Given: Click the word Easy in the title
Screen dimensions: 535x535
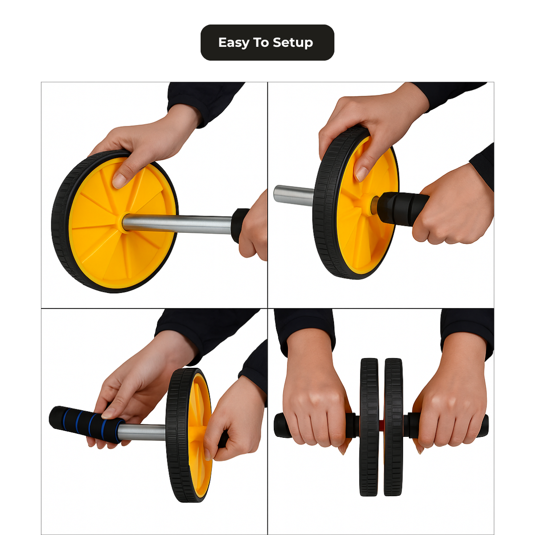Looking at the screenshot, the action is tap(234, 43).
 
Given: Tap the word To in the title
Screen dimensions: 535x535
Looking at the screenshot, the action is tap(261, 42).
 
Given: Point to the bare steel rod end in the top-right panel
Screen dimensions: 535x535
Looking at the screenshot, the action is tap(294, 195).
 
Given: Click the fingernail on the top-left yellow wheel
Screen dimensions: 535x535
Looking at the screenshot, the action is tap(119, 181).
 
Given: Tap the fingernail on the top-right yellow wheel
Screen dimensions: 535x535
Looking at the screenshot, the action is tap(362, 174).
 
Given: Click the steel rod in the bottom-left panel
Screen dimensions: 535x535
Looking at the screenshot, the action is tap(142, 432).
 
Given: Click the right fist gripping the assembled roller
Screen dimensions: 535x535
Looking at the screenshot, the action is tap(450, 403).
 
